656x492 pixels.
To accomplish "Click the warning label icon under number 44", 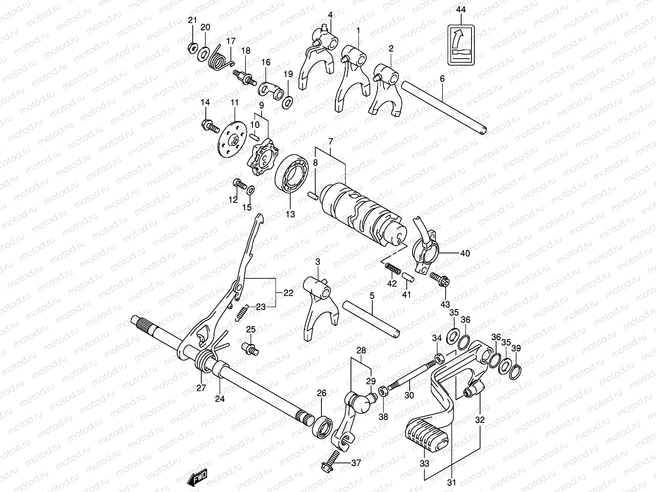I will pos(461,45).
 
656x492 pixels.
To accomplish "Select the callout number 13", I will pos(290,214).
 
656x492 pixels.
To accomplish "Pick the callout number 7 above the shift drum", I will pos(331,141).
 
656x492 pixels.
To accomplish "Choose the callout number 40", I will pos(465,253).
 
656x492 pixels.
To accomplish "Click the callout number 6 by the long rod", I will pos(442,79).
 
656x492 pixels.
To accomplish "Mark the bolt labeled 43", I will pos(442,280).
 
